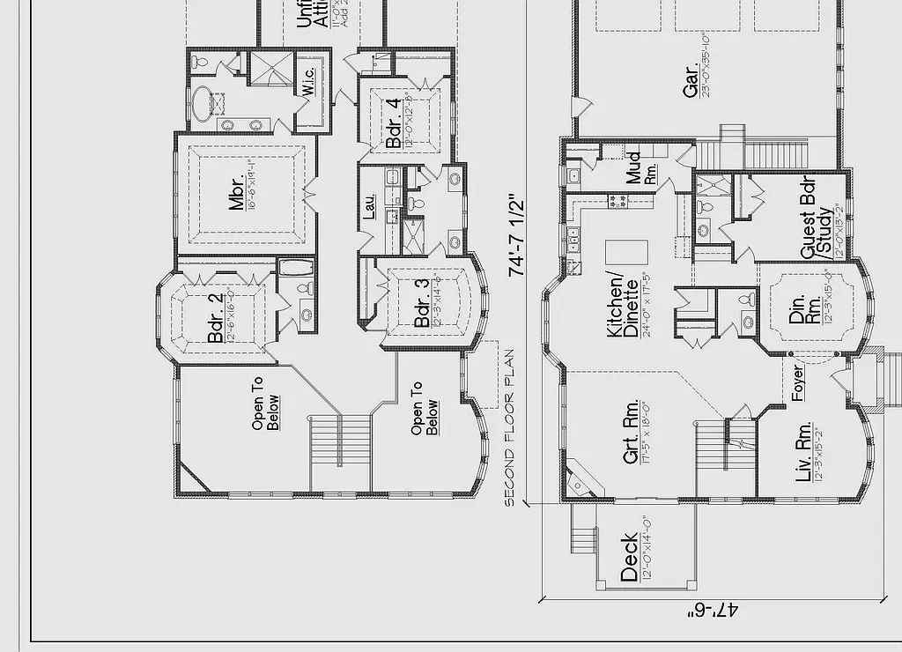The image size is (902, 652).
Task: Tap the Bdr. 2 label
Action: point(214,318)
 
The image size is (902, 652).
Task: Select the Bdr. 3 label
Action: point(422,303)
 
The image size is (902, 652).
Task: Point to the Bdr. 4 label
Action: point(393,122)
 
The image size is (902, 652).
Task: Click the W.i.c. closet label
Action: point(308,82)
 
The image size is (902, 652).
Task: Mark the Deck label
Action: point(629,557)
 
